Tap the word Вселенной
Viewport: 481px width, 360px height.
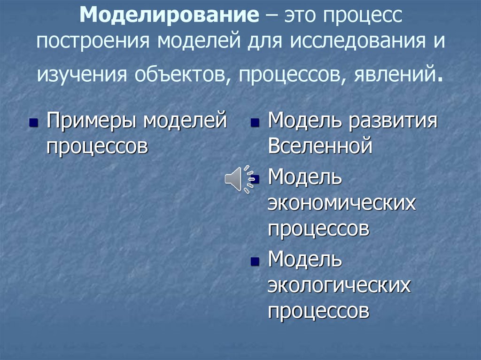click(320, 146)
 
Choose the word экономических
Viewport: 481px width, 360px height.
click(342, 205)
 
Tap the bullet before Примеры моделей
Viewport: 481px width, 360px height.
click(33, 123)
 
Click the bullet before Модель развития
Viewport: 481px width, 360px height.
click(255, 123)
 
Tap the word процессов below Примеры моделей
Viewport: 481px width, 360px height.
click(97, 146)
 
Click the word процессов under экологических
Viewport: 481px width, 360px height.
click(318, 310)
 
